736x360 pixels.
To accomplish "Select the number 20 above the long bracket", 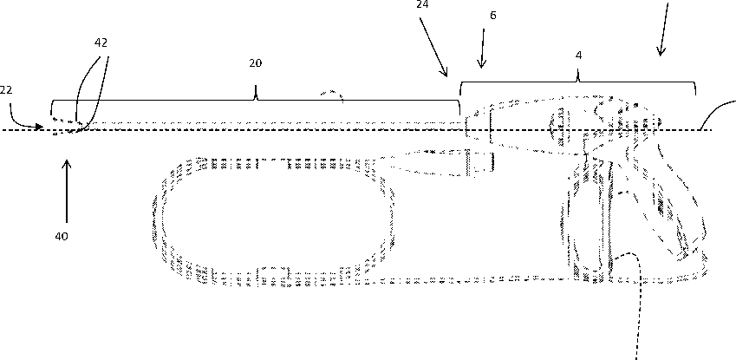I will [256, 63].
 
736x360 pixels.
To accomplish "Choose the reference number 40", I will [62, 235].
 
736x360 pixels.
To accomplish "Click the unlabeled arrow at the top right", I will [664, 30].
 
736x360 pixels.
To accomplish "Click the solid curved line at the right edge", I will [714, 114].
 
